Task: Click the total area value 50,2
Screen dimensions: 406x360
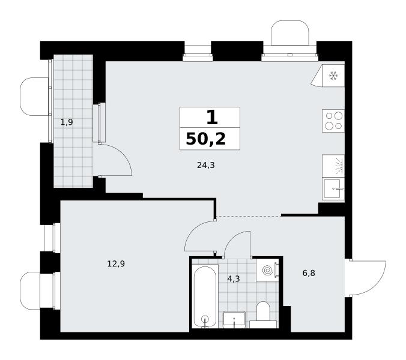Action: point(206,139)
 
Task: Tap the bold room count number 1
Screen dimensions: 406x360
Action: point(212,118)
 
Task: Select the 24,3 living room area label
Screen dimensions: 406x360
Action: point(206,165)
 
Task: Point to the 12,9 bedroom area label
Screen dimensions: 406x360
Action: point(117,264)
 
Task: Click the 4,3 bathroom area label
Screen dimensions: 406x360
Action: point(233,279)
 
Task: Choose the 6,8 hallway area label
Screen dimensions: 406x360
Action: point(309,273)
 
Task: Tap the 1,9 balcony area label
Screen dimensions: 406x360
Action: point(67,122)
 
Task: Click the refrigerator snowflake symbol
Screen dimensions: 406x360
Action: point(333,76)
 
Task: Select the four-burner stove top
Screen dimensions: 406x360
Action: point(333,121)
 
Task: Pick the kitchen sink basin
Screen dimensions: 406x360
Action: point(333,188)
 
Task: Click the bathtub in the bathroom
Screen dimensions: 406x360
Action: point(205,296)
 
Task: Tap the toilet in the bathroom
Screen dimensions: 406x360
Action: point(263,314)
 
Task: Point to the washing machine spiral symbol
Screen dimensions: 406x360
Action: point(267,270)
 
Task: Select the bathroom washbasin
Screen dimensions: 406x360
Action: point(234,320)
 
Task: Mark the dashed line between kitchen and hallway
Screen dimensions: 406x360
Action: point(249,216)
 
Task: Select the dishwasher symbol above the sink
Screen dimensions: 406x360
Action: point(333,166)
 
